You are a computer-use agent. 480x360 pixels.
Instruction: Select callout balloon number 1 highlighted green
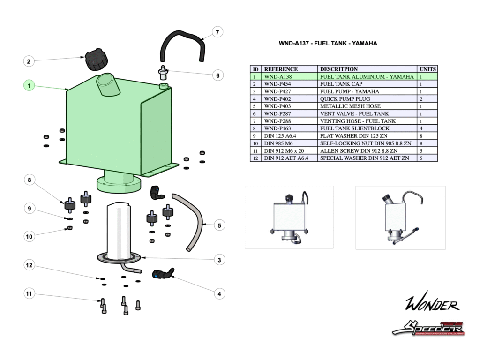(x=29, y=86)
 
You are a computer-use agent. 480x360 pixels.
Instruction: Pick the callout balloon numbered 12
(x=29, y=265)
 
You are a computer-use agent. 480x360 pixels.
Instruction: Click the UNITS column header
(x=427, y=69)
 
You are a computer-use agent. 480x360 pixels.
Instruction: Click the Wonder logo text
(x=431, y=305)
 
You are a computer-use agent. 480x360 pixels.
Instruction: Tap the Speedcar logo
(x=428, y=327)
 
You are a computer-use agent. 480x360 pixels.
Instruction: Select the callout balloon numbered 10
(x=29, y=236)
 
